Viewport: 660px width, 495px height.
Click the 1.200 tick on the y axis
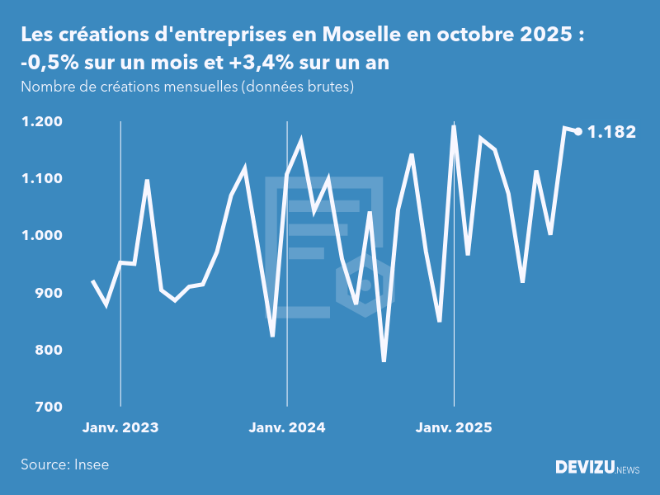pyautogui.click(x=42, y=122)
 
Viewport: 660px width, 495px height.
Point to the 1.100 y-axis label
pyautogui.click(x=42, y=179)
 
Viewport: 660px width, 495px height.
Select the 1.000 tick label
pyautogui.click(x=42, y=236)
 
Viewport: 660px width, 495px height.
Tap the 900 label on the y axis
pyautogui.click(x=48, y=293)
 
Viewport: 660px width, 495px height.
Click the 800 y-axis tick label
pyautogui.click(x=48, y=350)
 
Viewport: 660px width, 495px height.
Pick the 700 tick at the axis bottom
pyautogui.click(x=48, y=407)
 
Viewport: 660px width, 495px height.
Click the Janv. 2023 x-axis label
pyautogui.click(x=120, y=428)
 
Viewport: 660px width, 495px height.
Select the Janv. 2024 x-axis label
pyautogui.click(x=287, y=428)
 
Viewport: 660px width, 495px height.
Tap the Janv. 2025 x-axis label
pyautogui.click(x=454, y=428)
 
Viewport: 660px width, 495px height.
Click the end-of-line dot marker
pyautogui.click(x=578, y=131)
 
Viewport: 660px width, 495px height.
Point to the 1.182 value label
pyautogui.click(x=611, y=131)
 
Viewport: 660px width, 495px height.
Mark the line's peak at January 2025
pyautogui.click(x=454, y=126)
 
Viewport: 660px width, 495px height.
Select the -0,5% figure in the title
pyautogui.click(x=46, y=63)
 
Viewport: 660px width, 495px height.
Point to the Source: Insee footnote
pyautogui.click(x=65, y=464)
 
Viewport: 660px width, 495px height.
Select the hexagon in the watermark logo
pyautogui.click(x=364, y=285)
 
